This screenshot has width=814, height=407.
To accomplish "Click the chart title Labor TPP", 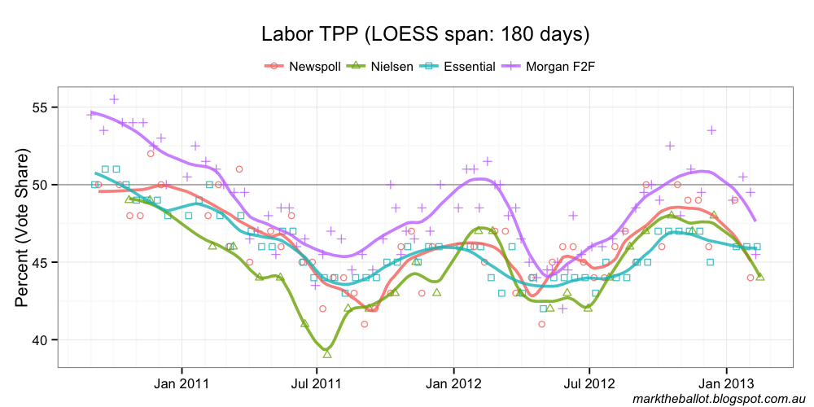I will pyautogui.click(x=424, y=35).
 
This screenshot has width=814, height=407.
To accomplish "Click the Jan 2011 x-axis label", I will pyautogui.click(x=179, y=382).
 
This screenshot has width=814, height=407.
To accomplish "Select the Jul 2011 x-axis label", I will pyautogui.click(x=315, y=382).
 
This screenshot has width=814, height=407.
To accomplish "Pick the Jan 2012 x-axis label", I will pyautogui.click(x=449, y=382).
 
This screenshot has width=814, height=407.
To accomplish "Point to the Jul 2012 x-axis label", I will pyautogui.click(x=585, y=382).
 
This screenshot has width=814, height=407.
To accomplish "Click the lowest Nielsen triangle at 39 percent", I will pyautogui.click(x=327, y=354).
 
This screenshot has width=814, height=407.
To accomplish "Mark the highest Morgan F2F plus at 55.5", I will pyautogui.click(x=114, y=99).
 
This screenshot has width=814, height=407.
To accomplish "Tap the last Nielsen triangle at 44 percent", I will pyautogui.click(x=759, y=277).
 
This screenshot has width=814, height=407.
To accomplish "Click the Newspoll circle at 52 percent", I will pyautogui.click(x=151, y=153).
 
